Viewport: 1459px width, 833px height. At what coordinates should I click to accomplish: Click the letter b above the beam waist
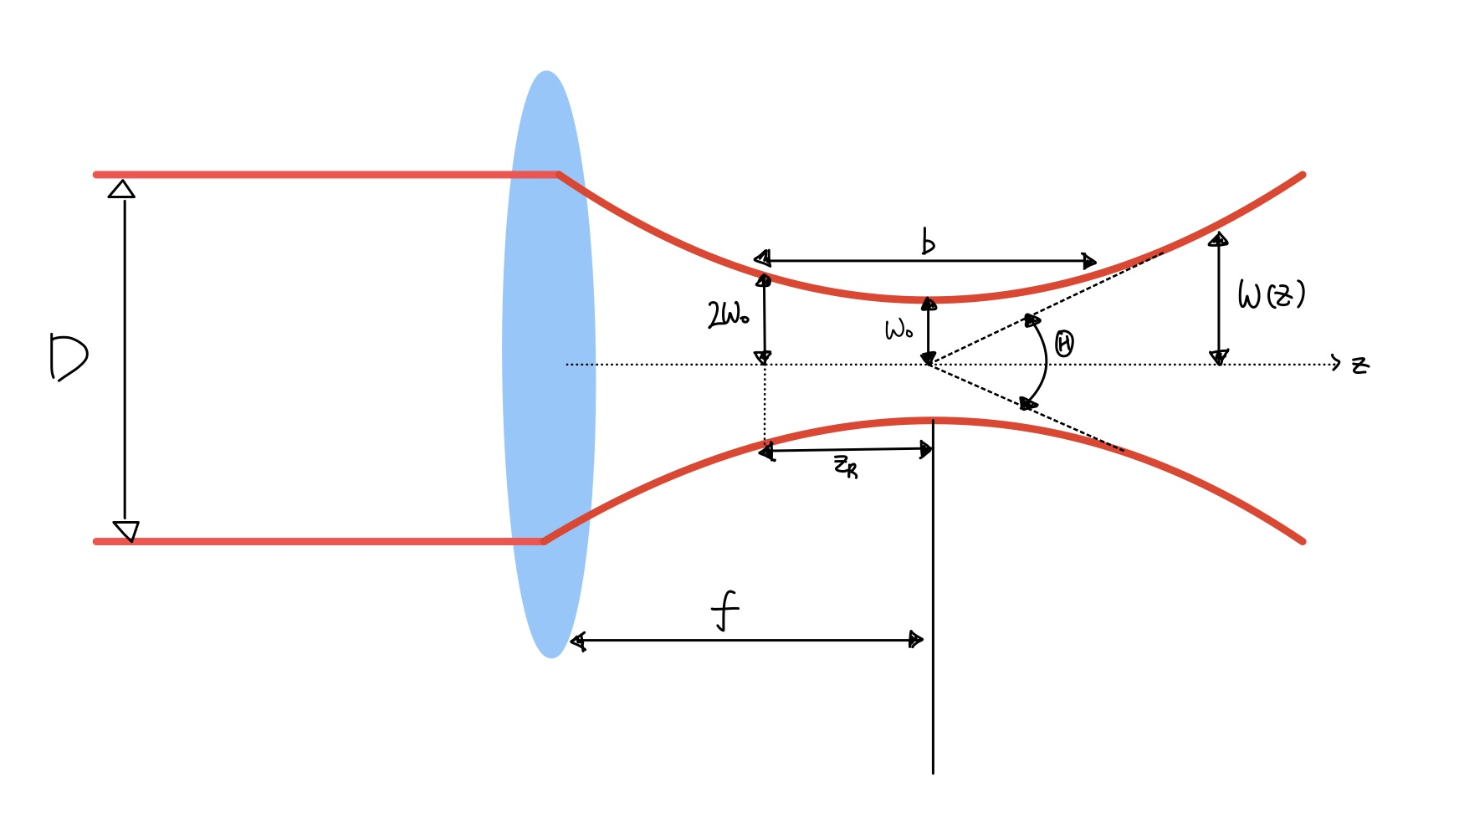pyautogui.click(x=928, y=241)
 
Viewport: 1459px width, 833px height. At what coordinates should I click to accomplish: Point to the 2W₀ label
pyautogui.click(x=728, y=315)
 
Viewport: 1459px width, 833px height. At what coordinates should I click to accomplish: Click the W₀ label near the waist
pyautogui.click(x=898, y=330)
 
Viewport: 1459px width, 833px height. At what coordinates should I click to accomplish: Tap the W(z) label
pyautogui.click(x=1271, y=294)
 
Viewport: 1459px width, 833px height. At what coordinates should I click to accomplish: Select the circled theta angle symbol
pyautogui.click(x=1064, y=343)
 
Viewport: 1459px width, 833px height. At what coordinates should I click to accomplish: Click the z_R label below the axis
pyautogui.click(x=846, y=466)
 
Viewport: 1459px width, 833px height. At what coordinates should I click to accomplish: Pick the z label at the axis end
pyautogui.click(x=1360, y=365)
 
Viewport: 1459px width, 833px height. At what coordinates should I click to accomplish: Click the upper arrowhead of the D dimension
pyautogui.click(x=122, y=189)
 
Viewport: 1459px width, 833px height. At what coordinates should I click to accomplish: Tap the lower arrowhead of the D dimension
pyautogui.click(x=126, y=531)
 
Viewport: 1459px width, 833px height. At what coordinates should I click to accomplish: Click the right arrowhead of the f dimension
pyautogui.click(x=916, y=640)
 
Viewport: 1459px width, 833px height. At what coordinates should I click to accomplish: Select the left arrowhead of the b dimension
pyautogui.click(x=762, y=258)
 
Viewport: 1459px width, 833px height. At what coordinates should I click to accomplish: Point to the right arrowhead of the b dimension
pyautogui.click(x=1088, y=261)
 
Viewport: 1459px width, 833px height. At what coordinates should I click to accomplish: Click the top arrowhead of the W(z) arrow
pyautogui.click(x=1219, y=240)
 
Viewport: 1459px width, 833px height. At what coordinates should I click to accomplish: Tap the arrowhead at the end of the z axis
pyautogui.click(x=1336, y=364)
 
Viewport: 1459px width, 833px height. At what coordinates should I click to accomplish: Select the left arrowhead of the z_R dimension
pyautogui.click(x=766, y=453)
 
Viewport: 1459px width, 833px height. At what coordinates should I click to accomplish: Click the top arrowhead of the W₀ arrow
pyautogui.click(x=929, y=304)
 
